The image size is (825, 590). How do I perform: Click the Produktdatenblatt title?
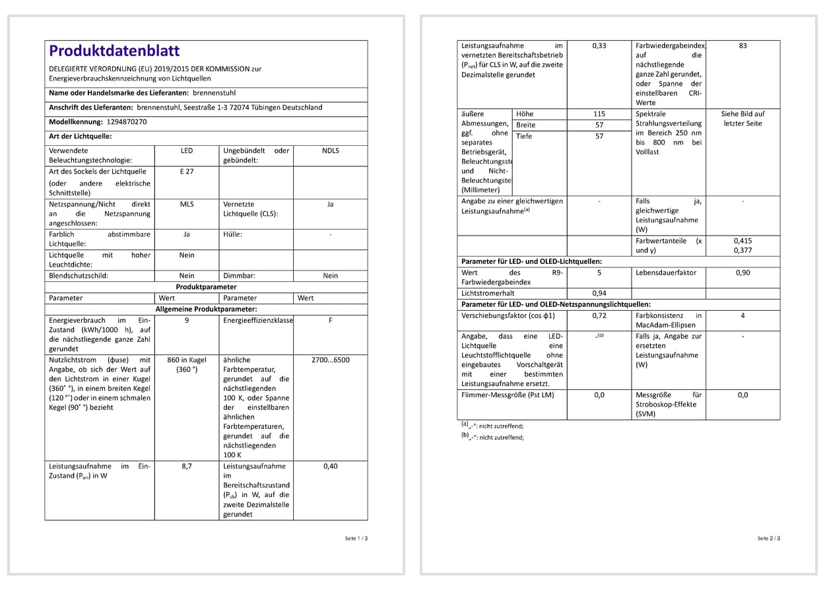pyautogui.click(x=114, y=51)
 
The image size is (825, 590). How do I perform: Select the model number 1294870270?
pyautogui.click(x=126, y=122)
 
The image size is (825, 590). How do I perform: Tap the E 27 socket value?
pyautogui.click(x=187, y=172)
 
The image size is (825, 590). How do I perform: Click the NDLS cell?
pyautogui.click(x=330, y=151)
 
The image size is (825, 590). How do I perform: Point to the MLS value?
pyautogui.click(x=187, y=205)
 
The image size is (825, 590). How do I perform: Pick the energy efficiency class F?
pyautogui.click(x=330, y=321)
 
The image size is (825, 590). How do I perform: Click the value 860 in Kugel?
pyautogui.click(x=187, y=360)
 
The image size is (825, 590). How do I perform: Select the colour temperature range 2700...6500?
pyautogui.click(x=330, y=360)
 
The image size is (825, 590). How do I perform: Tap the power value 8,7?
pyautogui.click(x=187, y=467)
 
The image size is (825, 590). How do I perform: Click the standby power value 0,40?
pyautogui.click(x=330, y=467)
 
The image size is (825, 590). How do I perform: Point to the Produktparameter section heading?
pyautogui.click(x=206, y=287)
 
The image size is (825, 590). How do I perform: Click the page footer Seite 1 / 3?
pyautogui.click(x=356, y=539)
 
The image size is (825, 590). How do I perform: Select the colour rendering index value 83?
pyautogui.click(x=742, y=46)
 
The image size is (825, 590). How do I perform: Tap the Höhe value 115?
pyautogui.click(x=599, y=114)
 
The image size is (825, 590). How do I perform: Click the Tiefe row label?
pyautogui.click(x=524, y=137)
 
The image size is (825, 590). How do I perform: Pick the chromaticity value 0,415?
pyautogui.click(x=742, y=242)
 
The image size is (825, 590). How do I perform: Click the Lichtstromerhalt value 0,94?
pyautogui.click(x=599, y=294)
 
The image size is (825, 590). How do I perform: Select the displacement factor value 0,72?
pyautogui.click(x=599, y=316)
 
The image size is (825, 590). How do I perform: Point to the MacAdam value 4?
pyautogui.click(x=742, y=316)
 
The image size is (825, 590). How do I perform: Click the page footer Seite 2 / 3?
pyautogui.click(x=769, y=539)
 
